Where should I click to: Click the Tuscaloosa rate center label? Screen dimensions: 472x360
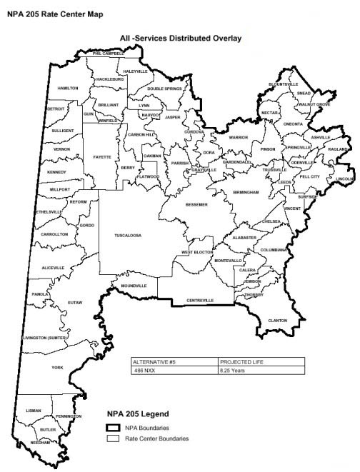(129, 235)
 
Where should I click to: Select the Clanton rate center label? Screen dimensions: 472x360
(277, 321)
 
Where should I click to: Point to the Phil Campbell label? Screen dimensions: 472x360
(108, 54)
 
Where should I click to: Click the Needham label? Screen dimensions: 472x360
(41, 443)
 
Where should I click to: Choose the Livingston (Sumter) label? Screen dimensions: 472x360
(45, 337)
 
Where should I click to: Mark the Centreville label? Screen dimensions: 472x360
(200, 301)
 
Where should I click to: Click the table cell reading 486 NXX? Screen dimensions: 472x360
(144, 371)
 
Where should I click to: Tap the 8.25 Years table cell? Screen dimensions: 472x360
(232, 371)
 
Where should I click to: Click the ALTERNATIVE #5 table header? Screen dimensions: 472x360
(153, 362)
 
